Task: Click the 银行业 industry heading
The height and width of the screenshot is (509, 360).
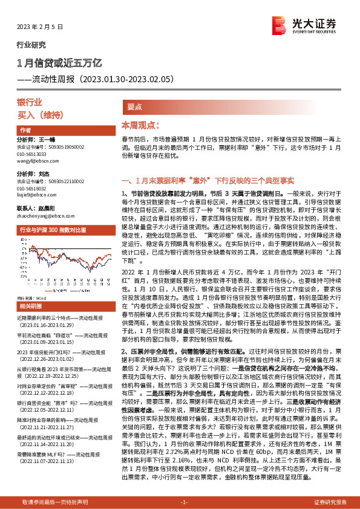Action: pyautogui.click(x=30, y=103)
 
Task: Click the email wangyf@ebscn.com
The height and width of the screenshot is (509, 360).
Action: pyautogui.click(x=38, y=160)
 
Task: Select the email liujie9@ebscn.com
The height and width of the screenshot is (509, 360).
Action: pyautogui.click(x=36, y=195)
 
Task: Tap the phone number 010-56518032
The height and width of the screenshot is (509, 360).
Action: pyautogui.click(x=34, y=188)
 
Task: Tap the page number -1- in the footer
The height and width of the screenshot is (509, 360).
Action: pyautogui.click(x=185, y=502)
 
